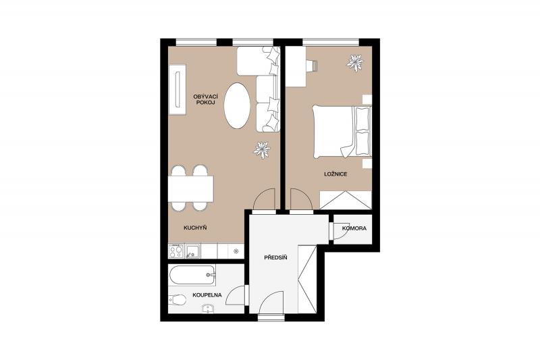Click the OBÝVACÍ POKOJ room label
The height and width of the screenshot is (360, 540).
[206, 99]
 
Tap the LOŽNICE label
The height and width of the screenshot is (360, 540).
[335, 174]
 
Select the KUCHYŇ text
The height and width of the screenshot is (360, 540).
[195, 228]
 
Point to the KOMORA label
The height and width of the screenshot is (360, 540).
[354, 228]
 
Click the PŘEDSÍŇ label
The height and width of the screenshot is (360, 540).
[276, 257]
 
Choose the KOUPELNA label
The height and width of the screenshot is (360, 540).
[207, 295]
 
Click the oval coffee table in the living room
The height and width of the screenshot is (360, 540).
[237, 105]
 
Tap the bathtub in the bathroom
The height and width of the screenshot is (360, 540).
[192, 275]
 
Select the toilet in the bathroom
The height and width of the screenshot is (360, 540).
[178, 300]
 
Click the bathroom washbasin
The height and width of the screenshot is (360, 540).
[209, 309]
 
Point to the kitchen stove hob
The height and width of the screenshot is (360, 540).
[175, 251]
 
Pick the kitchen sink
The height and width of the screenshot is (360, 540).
[192, 251]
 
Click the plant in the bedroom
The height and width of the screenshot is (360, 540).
[355, 63]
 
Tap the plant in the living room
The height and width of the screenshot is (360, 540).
[262, 150]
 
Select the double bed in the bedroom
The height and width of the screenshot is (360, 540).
[342, 132]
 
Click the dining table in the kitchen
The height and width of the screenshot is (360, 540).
[191, 189]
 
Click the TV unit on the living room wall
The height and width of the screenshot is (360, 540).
[178, 90]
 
